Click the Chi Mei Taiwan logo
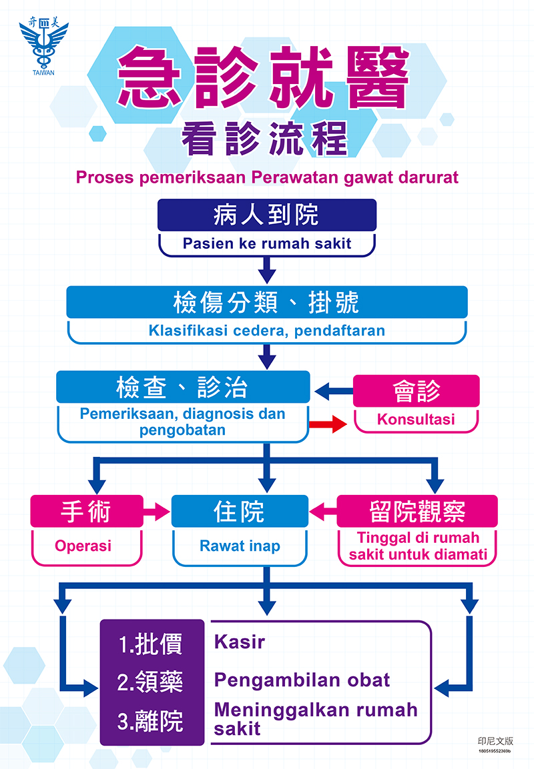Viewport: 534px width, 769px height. pos(43,47)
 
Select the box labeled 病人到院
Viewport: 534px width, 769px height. pos(266,215)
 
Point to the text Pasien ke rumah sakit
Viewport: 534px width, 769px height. pos(266,243)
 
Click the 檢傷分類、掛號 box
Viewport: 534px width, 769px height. pos(266,302)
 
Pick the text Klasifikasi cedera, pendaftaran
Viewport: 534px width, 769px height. pos(266,330)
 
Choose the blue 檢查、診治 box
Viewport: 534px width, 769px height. pos(183,387)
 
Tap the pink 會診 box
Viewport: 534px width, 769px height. pos(416,391)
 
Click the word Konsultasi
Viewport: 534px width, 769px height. pos(416,420)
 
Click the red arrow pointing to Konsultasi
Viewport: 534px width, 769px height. pos(327,425)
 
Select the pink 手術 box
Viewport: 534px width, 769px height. pos(86,511)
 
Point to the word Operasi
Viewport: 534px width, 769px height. pos(83,546)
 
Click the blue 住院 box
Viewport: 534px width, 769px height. pos(240,511)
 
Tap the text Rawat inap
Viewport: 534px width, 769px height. pos(240,546)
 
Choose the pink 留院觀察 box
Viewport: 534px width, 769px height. pos(417,511)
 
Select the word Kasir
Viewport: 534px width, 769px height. pos(240,642)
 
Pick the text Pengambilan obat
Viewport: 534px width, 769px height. pos(302,680)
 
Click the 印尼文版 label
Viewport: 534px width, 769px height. pos(495,740)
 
